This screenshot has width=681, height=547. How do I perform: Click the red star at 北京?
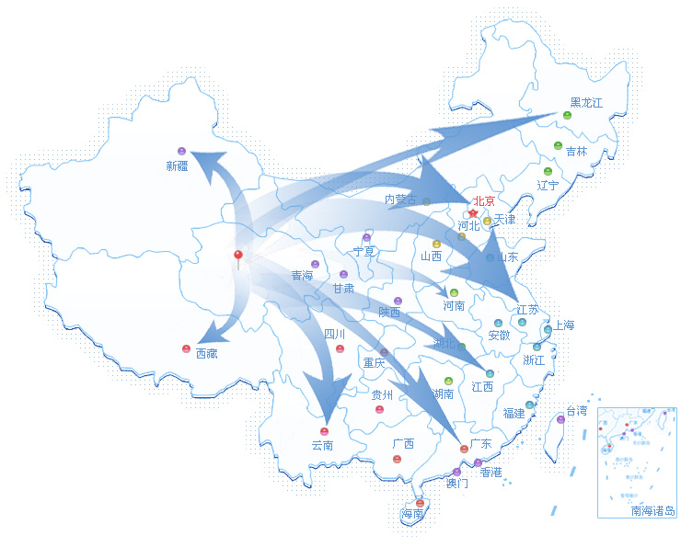pos(473,213)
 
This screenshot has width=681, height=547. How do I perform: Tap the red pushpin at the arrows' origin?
pos(238,255)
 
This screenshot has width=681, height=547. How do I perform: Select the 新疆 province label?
pos(177,166)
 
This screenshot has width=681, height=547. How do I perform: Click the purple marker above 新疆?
pos(181,150)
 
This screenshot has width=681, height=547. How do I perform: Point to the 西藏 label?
pos(207,353)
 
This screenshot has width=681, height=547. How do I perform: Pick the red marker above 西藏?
pos(186,348)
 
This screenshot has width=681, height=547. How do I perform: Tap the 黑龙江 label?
pos(585,103)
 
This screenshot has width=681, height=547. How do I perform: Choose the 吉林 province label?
pos(576,152)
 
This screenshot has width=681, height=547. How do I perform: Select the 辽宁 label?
pos(548,185)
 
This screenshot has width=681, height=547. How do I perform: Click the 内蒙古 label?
pos(400,199)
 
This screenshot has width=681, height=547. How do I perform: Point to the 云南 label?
pos(322,446)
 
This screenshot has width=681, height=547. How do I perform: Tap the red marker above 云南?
pos(324,431)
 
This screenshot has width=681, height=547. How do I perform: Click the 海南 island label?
pos(412,515)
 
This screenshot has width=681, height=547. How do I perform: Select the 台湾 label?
pos(576,410)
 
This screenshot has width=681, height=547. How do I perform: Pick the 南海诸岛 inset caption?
pos(652,511)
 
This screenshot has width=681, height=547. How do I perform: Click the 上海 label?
pos(563,325)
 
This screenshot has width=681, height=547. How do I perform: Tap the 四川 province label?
pos(335,334)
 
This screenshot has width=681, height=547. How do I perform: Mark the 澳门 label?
pos(456,483)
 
